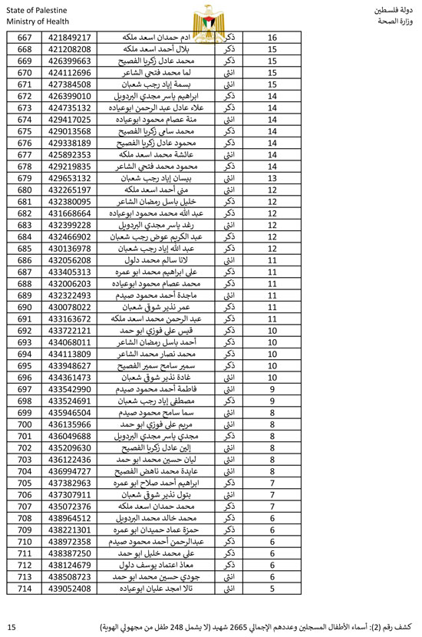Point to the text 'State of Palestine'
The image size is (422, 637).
pyautogui.click(x=36, y=7)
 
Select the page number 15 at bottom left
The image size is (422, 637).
pyautogui.click(x=11, y=627)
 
